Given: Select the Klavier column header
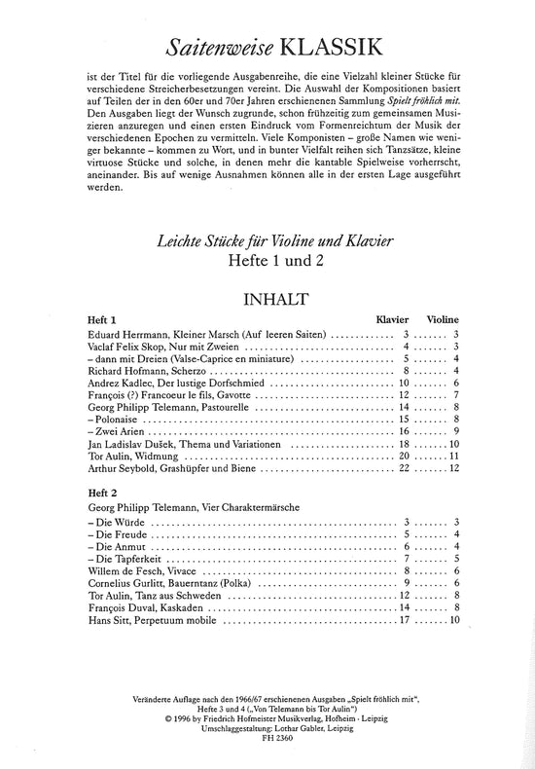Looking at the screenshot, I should click(393, 319).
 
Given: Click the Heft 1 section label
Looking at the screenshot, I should click(102, 319).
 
